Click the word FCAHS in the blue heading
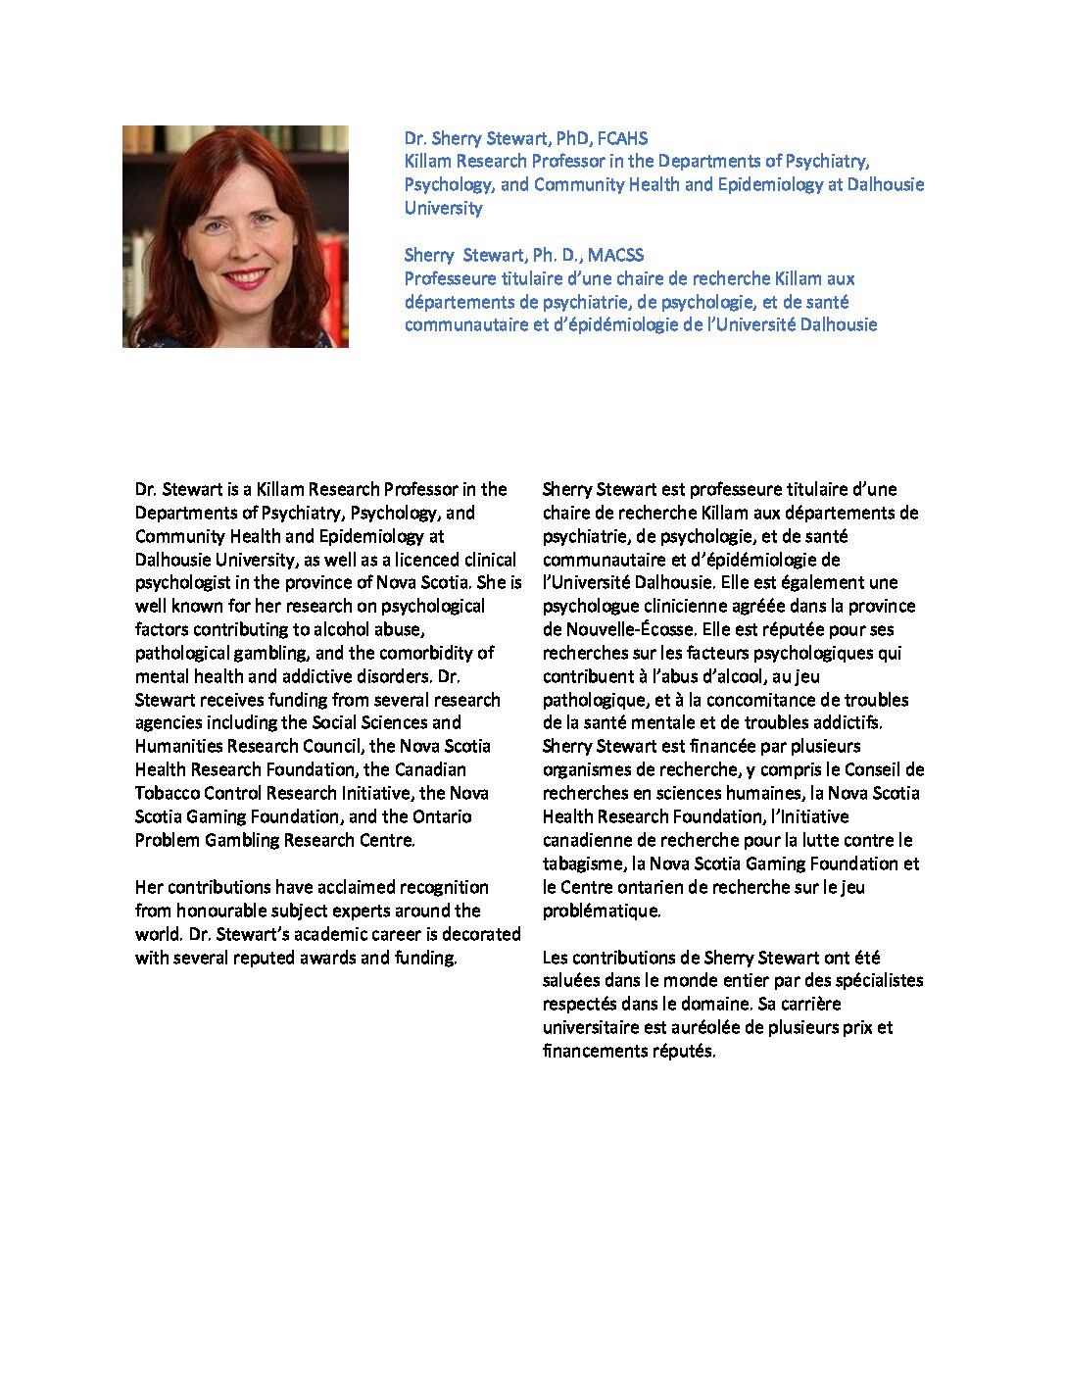tap(622, 138)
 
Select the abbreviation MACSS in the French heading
tap(615, 255)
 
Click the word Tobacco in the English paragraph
tap(167, 793)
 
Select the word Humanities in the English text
tap(179, 746)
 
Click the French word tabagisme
tap(583, 863)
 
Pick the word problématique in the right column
tap(601, 911)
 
